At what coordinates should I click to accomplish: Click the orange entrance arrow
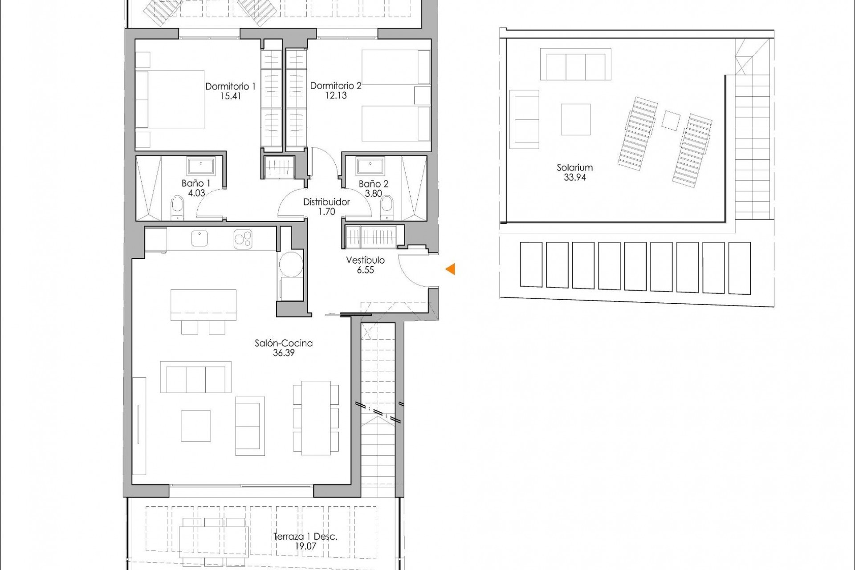(x=450, y=269)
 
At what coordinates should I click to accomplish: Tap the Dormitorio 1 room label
(x=230, y=86)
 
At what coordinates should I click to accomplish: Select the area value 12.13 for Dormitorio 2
(x=336, y=95)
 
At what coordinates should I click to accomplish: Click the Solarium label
(x=574, y=167)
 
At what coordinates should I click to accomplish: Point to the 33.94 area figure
(x=574, y=177)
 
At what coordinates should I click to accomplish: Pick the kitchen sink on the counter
(x=200, y=238)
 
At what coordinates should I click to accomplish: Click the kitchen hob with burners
(x=243, y=239)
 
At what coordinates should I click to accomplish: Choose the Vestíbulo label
(x=365, y=260)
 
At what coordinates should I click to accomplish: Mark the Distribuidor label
(x=326, y=202)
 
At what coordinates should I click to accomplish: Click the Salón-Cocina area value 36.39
(x=284, y=353)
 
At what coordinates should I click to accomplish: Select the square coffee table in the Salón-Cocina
(x=195, y=426)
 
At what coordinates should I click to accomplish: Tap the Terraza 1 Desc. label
(x=305, y=537)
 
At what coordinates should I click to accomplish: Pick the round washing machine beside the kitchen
(x=290, y=264)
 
